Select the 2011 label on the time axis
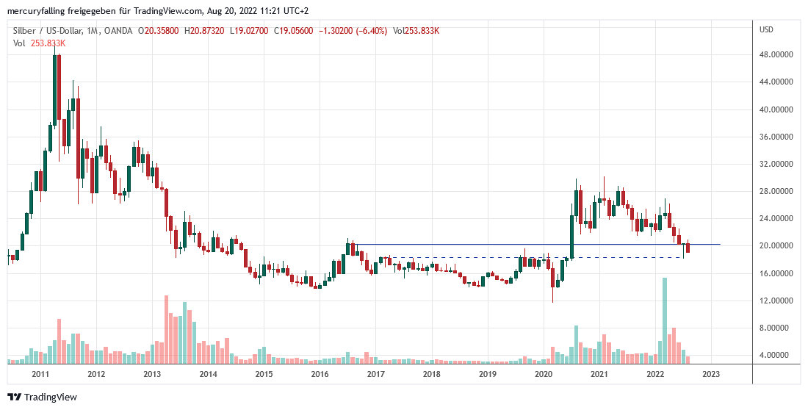(x=40, y=374)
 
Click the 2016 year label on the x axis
(x=320, y=374)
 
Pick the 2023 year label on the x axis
(x=711, y=374)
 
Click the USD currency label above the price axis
(x=766, y=29)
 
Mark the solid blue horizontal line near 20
(x=514, y=244)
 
